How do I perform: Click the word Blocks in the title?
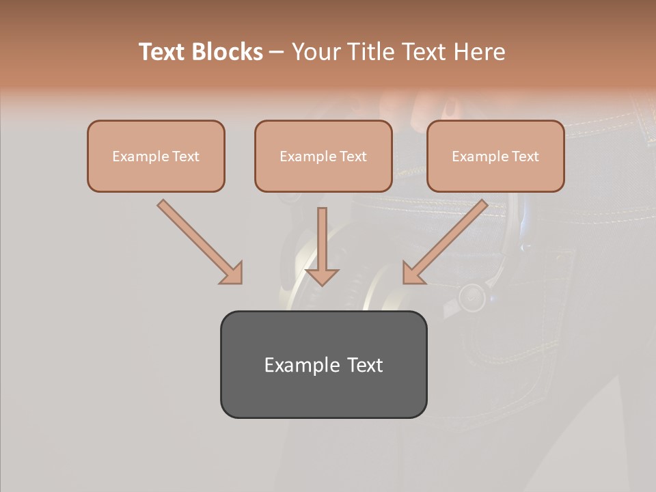[x=228, y=52]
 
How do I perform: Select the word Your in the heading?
[x=316, y=52]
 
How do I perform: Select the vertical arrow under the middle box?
[x=322, y=243]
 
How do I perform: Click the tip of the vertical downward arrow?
[x=322, y=283]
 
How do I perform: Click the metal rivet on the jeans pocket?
[x=471, y=297]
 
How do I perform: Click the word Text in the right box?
[x=525, y=156]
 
